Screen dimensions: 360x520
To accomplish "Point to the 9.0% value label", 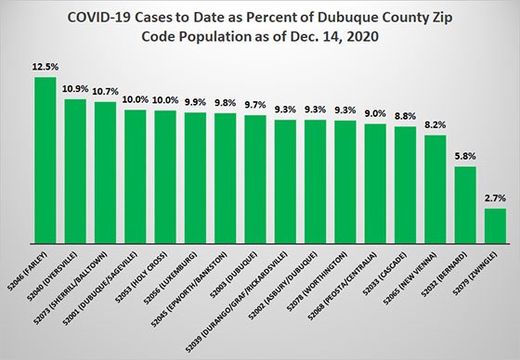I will pos(375,113).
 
